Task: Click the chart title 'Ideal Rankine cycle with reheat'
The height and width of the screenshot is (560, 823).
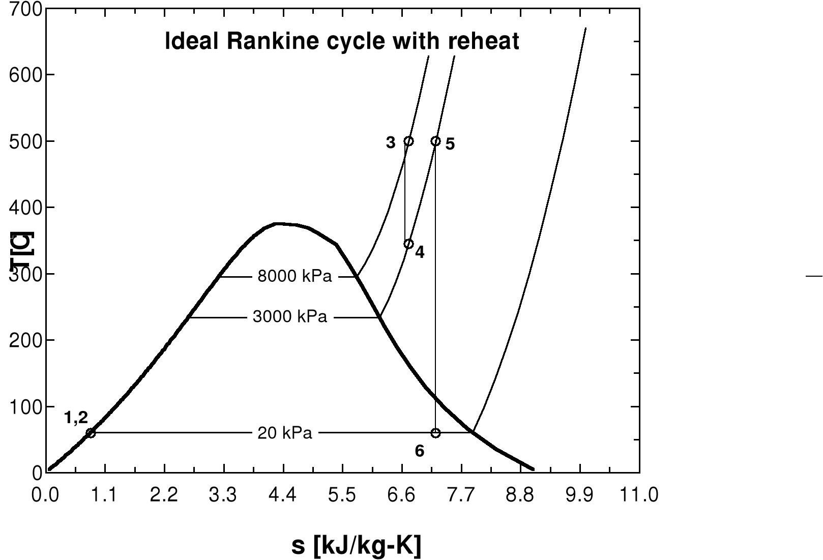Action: click(x=342, y=41)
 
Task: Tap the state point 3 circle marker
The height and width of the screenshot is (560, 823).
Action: click(x=408, y=141)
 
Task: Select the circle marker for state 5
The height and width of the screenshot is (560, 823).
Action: click(x=435, y=141)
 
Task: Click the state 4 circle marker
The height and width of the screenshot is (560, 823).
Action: click(x=408, y=244)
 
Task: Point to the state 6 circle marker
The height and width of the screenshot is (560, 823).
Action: click(x=435, y=433)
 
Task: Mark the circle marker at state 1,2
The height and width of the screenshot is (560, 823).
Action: click(x=91, y=433)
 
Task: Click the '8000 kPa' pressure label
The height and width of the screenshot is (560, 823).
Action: click(x=295, y=277)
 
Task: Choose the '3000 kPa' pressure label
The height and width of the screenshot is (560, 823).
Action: click(x=290, y=317)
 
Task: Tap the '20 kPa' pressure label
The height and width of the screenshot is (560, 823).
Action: click(x=285, y=433)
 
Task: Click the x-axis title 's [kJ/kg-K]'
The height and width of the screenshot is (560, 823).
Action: click(x=356, y=546)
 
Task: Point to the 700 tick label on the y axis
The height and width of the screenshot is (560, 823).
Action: click(x=25, y=9)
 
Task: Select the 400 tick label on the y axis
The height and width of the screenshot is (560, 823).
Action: click(x=25, y=208)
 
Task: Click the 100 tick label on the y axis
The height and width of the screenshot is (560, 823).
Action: click(x=25, y=407)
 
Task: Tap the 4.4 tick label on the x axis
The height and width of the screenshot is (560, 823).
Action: click(x=282, y=494)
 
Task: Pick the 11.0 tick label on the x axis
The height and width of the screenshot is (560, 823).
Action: click(x=639, y=494)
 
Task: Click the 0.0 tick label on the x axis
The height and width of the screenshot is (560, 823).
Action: click(x=46, y=494)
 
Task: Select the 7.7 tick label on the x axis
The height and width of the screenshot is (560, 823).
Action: click(x=461, y=494)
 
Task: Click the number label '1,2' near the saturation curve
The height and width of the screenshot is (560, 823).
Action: click(x=76, y=418)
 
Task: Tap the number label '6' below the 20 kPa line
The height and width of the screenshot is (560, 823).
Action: click(x=420, y=451)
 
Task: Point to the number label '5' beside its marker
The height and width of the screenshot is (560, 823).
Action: click(x=450, y=144)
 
